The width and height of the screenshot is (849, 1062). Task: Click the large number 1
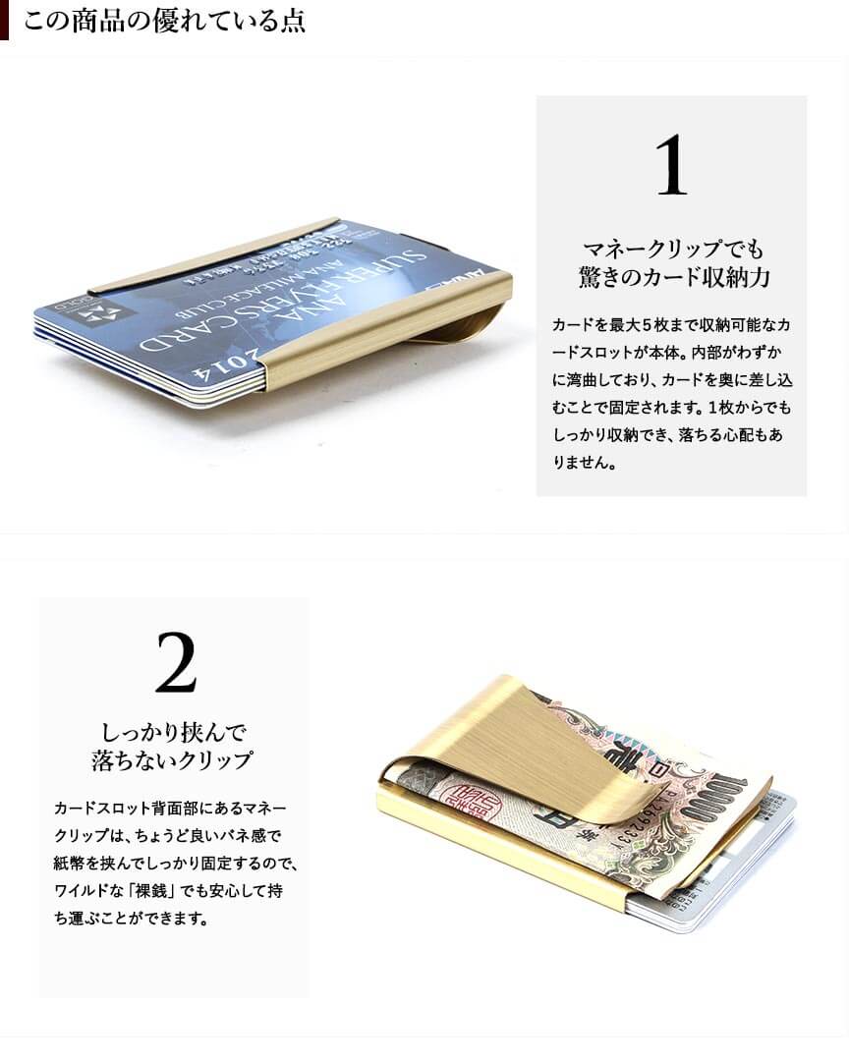coord(671,165)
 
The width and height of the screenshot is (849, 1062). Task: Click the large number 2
coord(176,662)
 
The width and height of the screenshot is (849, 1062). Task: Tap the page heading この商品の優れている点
coord(164,21)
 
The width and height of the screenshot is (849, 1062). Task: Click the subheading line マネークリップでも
coord(673,249)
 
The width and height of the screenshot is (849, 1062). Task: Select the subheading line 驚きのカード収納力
coord(673,277)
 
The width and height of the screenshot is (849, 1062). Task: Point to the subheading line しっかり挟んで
coord(174,732)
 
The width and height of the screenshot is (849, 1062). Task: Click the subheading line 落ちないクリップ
coord(173,760)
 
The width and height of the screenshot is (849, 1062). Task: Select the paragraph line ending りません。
coord(585,463)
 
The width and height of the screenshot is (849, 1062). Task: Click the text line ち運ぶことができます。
coord(132,919)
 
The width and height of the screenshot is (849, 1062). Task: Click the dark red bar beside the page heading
coord(4,21)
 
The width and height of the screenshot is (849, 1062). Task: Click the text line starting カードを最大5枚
coord(671,324)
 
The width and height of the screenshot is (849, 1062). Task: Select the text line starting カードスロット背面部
coord(171,808)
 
